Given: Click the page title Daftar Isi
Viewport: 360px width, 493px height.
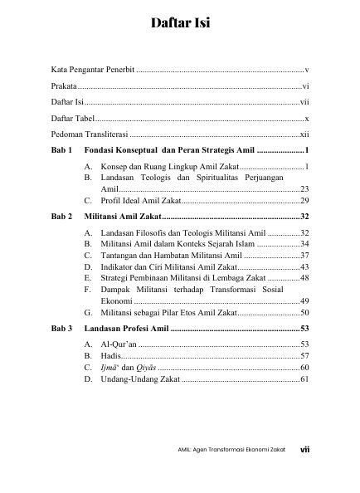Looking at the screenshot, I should tap(180, 23).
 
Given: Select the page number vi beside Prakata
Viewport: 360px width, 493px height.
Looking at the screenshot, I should tap(306, 86).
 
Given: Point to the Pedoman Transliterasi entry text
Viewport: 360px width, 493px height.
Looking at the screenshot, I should tap(89, 134).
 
